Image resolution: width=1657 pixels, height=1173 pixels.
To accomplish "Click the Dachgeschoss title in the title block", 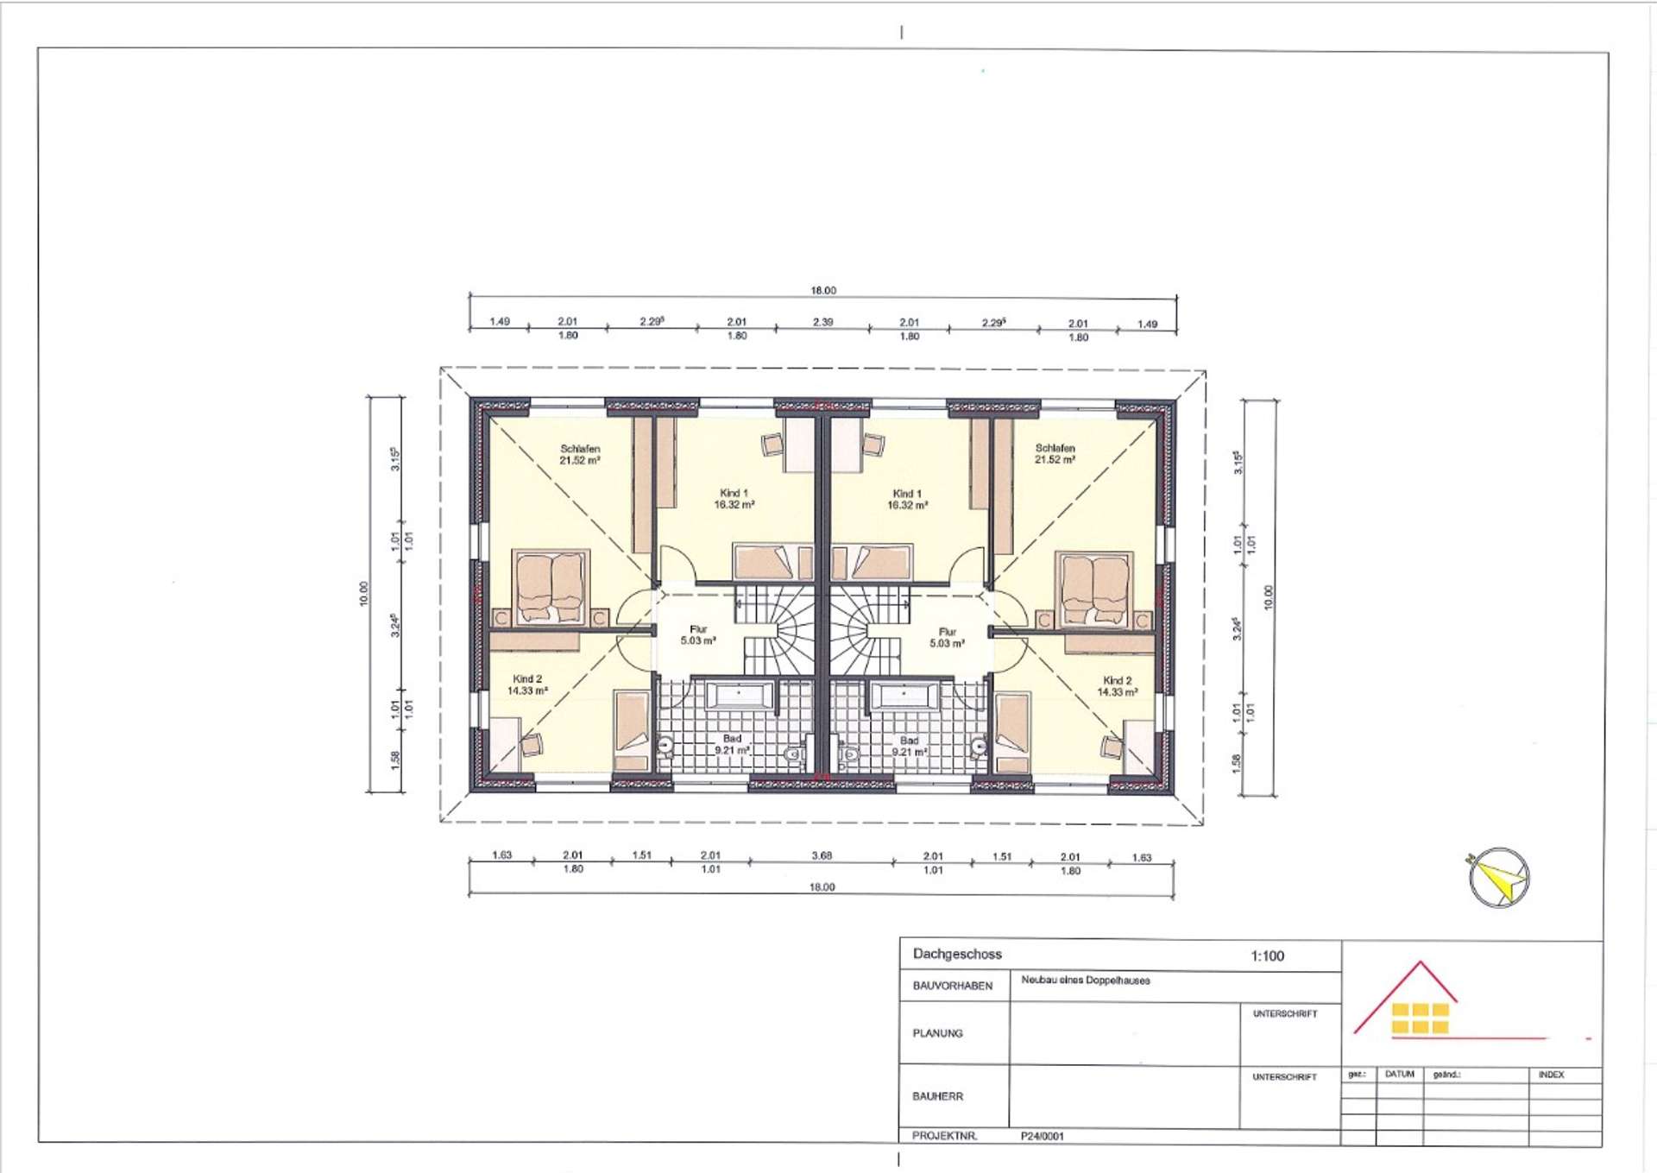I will pyautogui.click(x=957, y=954).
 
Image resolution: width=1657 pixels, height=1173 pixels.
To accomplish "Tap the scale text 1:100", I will pyautogui.click(x=1267, y=955).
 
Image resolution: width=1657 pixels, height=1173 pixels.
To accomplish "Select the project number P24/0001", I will pyautogui.click(x=1042, y=1136).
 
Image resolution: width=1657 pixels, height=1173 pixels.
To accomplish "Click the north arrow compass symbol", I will pyautogui.click(x=1499, y=878).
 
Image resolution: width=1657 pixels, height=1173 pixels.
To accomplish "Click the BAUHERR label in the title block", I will pyautogui.click(x=937, y=1096).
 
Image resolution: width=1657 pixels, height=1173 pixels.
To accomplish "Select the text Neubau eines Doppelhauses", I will pyautogui.click(x=1085, y=981).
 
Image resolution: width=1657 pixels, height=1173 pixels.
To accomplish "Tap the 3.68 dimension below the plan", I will pyautogui.click(x=822, y=855).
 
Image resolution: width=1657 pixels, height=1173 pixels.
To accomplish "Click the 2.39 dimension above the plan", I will pyautogui.click(x=822, y=322).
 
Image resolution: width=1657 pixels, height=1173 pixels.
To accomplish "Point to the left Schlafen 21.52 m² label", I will pyautogui.click(x=580, y=455).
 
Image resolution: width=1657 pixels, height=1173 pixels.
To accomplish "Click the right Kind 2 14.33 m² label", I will pyautogui.click(x=1118, y=686).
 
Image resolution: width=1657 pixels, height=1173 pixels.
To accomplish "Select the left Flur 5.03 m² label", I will pyautogui.click(x=698, y=635).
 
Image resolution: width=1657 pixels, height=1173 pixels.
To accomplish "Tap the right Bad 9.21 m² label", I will pyautogui.click(x=910, y=746).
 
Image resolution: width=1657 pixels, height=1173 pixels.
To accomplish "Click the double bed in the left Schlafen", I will pyautogui.click(x=550, y=588).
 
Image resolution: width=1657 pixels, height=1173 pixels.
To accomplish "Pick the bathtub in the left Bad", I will pyautogui.click(x=740, y=696).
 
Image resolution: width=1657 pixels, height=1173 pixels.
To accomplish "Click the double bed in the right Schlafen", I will pyautogui.click(x=1094, y=589).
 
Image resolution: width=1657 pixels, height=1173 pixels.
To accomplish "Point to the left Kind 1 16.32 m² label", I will pyautogui.click(x=734, y=499).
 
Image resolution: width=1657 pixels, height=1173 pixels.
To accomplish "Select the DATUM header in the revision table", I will pyautogui.click(x=1399, y=1074).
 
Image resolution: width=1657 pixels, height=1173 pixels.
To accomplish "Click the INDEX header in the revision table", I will pyautogui.click(x=1551, y=1075).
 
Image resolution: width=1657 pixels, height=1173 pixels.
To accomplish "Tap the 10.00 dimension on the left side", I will pyautogui.click(x=363, y=594).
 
